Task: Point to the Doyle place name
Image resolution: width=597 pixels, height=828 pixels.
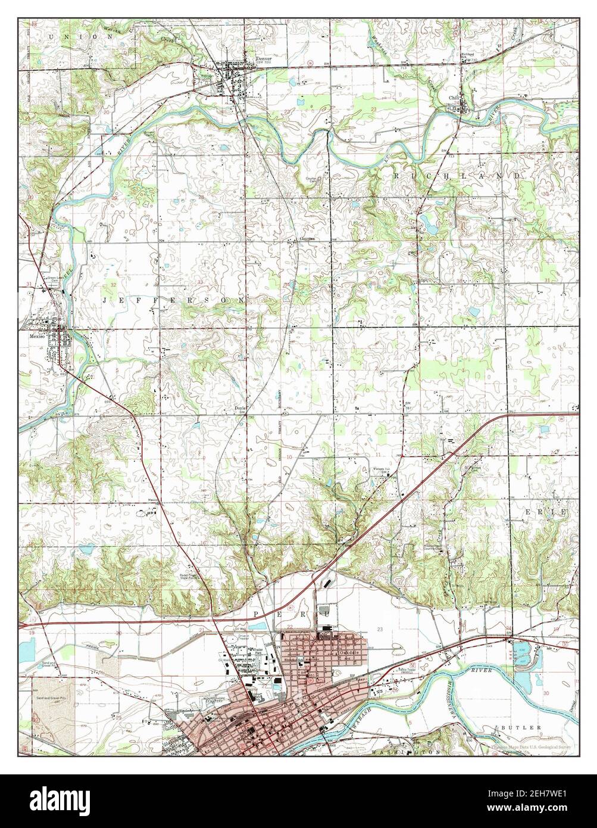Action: [x=240, y=408]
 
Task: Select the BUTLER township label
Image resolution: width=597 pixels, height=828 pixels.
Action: [x=523, y=727]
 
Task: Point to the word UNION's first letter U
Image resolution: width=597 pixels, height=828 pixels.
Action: [x=53, y=36]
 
